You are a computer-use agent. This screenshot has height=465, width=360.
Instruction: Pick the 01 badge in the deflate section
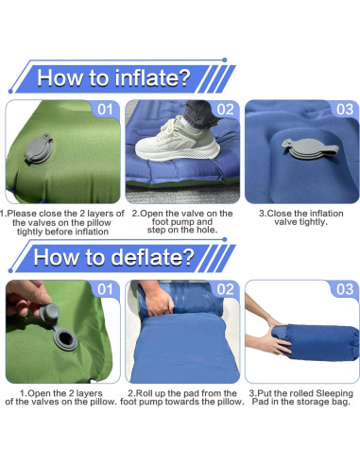pos(106,289)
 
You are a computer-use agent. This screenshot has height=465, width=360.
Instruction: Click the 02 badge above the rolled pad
pos(225,289)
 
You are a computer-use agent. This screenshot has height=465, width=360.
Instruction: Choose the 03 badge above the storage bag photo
pos(344,289)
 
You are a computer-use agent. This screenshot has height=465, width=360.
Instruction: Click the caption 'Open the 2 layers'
pos(62,397)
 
